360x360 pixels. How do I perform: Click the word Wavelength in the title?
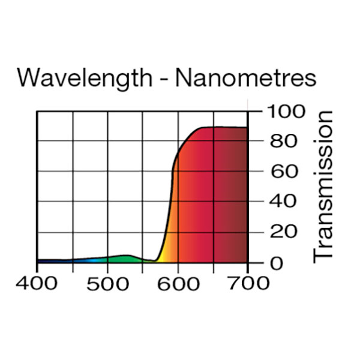(82, 78)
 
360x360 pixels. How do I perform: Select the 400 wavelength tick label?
(38, 283)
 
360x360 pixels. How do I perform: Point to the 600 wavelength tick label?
(179, 283)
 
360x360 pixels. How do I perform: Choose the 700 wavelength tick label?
(248, 283)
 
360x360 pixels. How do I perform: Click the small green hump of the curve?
(125, 258)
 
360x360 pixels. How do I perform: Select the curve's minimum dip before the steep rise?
(155, 260)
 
